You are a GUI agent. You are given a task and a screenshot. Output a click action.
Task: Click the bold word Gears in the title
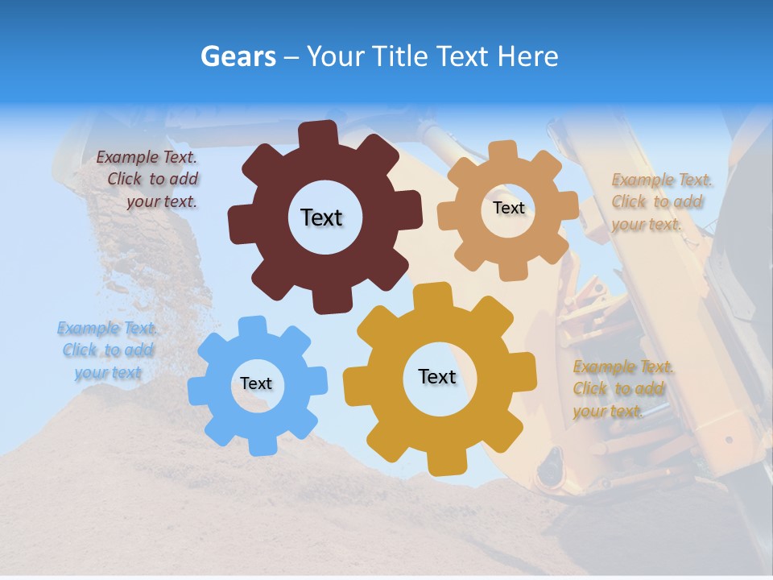click(x=238, y=56)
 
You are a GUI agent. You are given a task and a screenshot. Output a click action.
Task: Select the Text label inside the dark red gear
click(x=321, y=217)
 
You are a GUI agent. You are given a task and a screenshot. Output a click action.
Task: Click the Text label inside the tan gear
click(x=508, y=208)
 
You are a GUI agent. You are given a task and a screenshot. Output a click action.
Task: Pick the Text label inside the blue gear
click(x=256, y=384)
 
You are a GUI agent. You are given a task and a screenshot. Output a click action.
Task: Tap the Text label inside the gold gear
click(x=437, y=377)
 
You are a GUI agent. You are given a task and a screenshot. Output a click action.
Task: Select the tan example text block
click(x=660, y=202)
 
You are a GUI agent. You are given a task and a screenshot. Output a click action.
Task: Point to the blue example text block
click(x=107, y=350)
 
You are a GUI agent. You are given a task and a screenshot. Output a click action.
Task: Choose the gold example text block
click(x=622, y=389)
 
